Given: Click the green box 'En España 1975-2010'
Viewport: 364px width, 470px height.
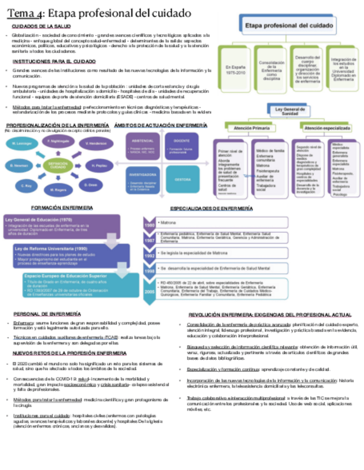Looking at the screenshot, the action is [235, 70].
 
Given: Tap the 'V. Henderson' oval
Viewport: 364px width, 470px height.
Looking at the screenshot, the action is [95, 144].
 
